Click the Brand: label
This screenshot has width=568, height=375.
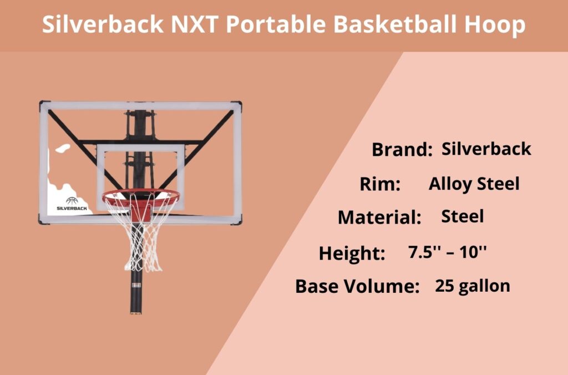402,150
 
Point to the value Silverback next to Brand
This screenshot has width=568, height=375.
486,149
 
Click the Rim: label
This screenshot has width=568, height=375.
380,184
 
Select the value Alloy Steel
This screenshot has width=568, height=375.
474,184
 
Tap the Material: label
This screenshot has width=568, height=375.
379,217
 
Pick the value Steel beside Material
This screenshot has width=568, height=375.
462,216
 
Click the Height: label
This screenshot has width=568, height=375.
352,253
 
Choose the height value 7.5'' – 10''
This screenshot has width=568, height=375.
447,252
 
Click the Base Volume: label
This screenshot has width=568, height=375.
357,286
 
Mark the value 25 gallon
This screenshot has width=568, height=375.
472,286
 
